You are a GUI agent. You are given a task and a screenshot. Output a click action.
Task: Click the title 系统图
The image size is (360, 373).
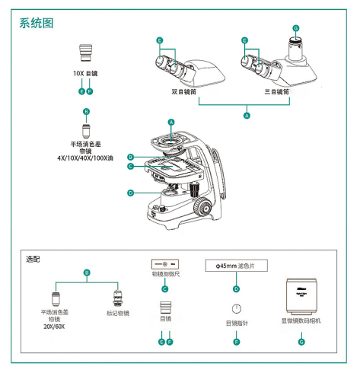(37, 23)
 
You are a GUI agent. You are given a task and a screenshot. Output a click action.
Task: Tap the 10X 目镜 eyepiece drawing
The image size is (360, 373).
(85, 53)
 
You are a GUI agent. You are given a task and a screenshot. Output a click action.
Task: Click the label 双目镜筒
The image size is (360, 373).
(184, 91)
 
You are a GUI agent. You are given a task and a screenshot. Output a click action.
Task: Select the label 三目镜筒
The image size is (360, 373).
(276, 91)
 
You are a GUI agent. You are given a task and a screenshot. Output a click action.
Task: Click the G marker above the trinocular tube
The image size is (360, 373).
(296, 28)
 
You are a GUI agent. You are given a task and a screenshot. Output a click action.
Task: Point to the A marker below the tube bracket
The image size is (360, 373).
(247, 116)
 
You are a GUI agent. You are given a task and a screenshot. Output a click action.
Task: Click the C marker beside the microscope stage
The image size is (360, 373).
(130, 167)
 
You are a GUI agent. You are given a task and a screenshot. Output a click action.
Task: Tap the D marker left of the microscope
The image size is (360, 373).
(130, 193)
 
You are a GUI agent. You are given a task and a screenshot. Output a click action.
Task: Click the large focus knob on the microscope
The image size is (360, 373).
(202, 207)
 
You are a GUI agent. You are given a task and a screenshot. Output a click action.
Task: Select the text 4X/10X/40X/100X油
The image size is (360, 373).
(85, 158)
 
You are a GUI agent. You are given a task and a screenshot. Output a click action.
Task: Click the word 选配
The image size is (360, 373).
(33, 260)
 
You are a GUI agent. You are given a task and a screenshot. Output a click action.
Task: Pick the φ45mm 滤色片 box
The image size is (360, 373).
(236, 266)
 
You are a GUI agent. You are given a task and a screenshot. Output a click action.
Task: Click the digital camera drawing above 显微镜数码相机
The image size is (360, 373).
(301, 296)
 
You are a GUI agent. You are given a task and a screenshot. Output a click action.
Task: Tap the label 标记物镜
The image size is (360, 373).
(118, 313)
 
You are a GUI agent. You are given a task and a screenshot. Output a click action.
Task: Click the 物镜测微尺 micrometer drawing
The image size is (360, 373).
(165, 264)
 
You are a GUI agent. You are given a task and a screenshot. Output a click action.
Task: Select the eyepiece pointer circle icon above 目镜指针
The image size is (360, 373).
(237, 308)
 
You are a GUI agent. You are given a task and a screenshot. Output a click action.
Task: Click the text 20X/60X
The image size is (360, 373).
(54, 327)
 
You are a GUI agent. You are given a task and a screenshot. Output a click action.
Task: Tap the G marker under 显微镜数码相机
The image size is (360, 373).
(301, 342)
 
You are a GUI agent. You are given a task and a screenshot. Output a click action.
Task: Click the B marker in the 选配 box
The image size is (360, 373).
(87, 273)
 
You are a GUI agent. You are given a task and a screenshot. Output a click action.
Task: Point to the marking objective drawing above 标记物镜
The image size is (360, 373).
(117, 298)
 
